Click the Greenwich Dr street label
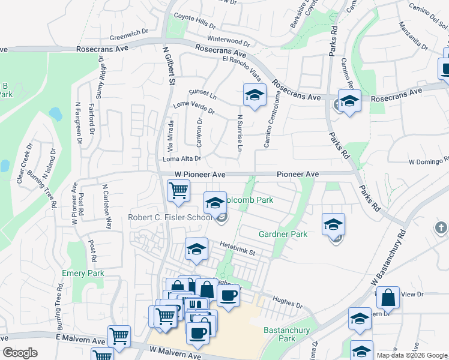[x=125, y=36]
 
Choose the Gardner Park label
[x=283, y=234]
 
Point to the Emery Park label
[x=83, y=274]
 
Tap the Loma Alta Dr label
[x=181, y=159]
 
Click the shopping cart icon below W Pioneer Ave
[x=179, y=191]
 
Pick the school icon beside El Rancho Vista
[x=255, y=95]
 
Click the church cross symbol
[x=441, y=227]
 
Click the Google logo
[x=20, y=353]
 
